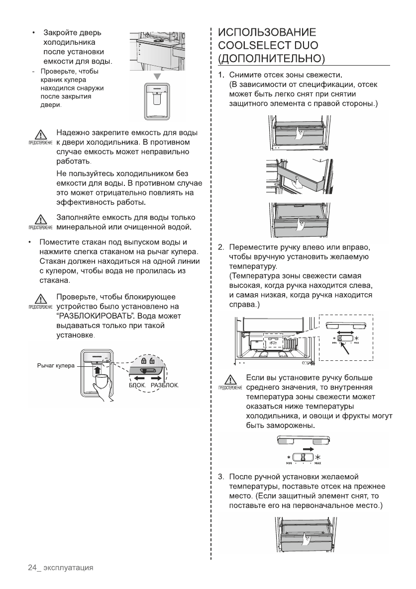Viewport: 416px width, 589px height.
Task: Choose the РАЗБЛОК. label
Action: (164, 385)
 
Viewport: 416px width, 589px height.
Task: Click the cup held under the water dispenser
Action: (101, 382)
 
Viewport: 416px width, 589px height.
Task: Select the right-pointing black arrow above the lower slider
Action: (307, 448)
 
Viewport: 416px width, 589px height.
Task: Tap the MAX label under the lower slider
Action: (317, 463)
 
